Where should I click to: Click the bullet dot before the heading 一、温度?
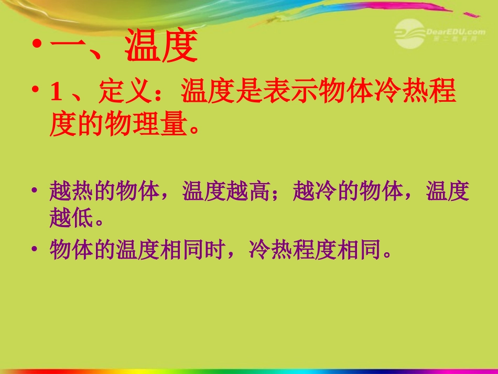point(36,46)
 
